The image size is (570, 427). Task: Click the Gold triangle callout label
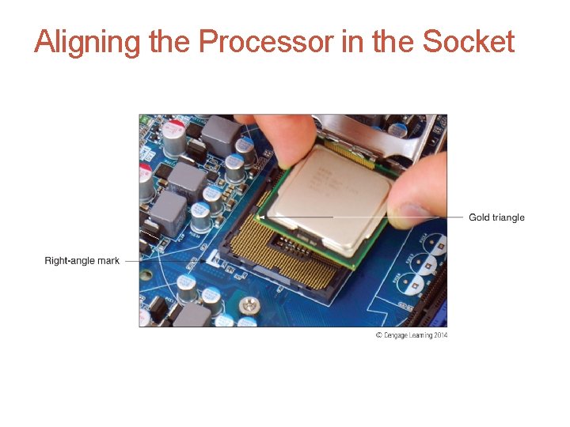496,217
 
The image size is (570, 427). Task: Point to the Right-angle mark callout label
82,261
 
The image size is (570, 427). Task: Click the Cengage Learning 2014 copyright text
411,335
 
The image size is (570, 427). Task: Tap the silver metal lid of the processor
332,190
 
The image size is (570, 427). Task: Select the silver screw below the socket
251,304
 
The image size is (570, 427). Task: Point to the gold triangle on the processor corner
262,216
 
